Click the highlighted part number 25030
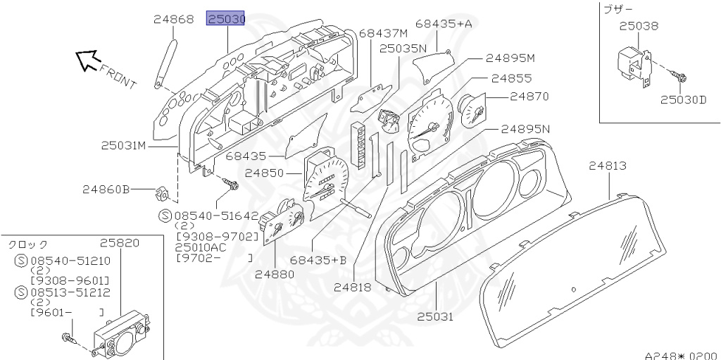click(225, 19)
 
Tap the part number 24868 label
click(173, 20)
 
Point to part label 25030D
click(683, 99)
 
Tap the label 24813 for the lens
click(608, 166)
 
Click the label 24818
click(353, 287)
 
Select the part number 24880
click(275, 274)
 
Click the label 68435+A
click(443, 24)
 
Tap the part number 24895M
click(510, 58)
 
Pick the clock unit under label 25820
click(118, 336)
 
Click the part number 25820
click(119, 243)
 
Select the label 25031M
click(123, 146)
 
